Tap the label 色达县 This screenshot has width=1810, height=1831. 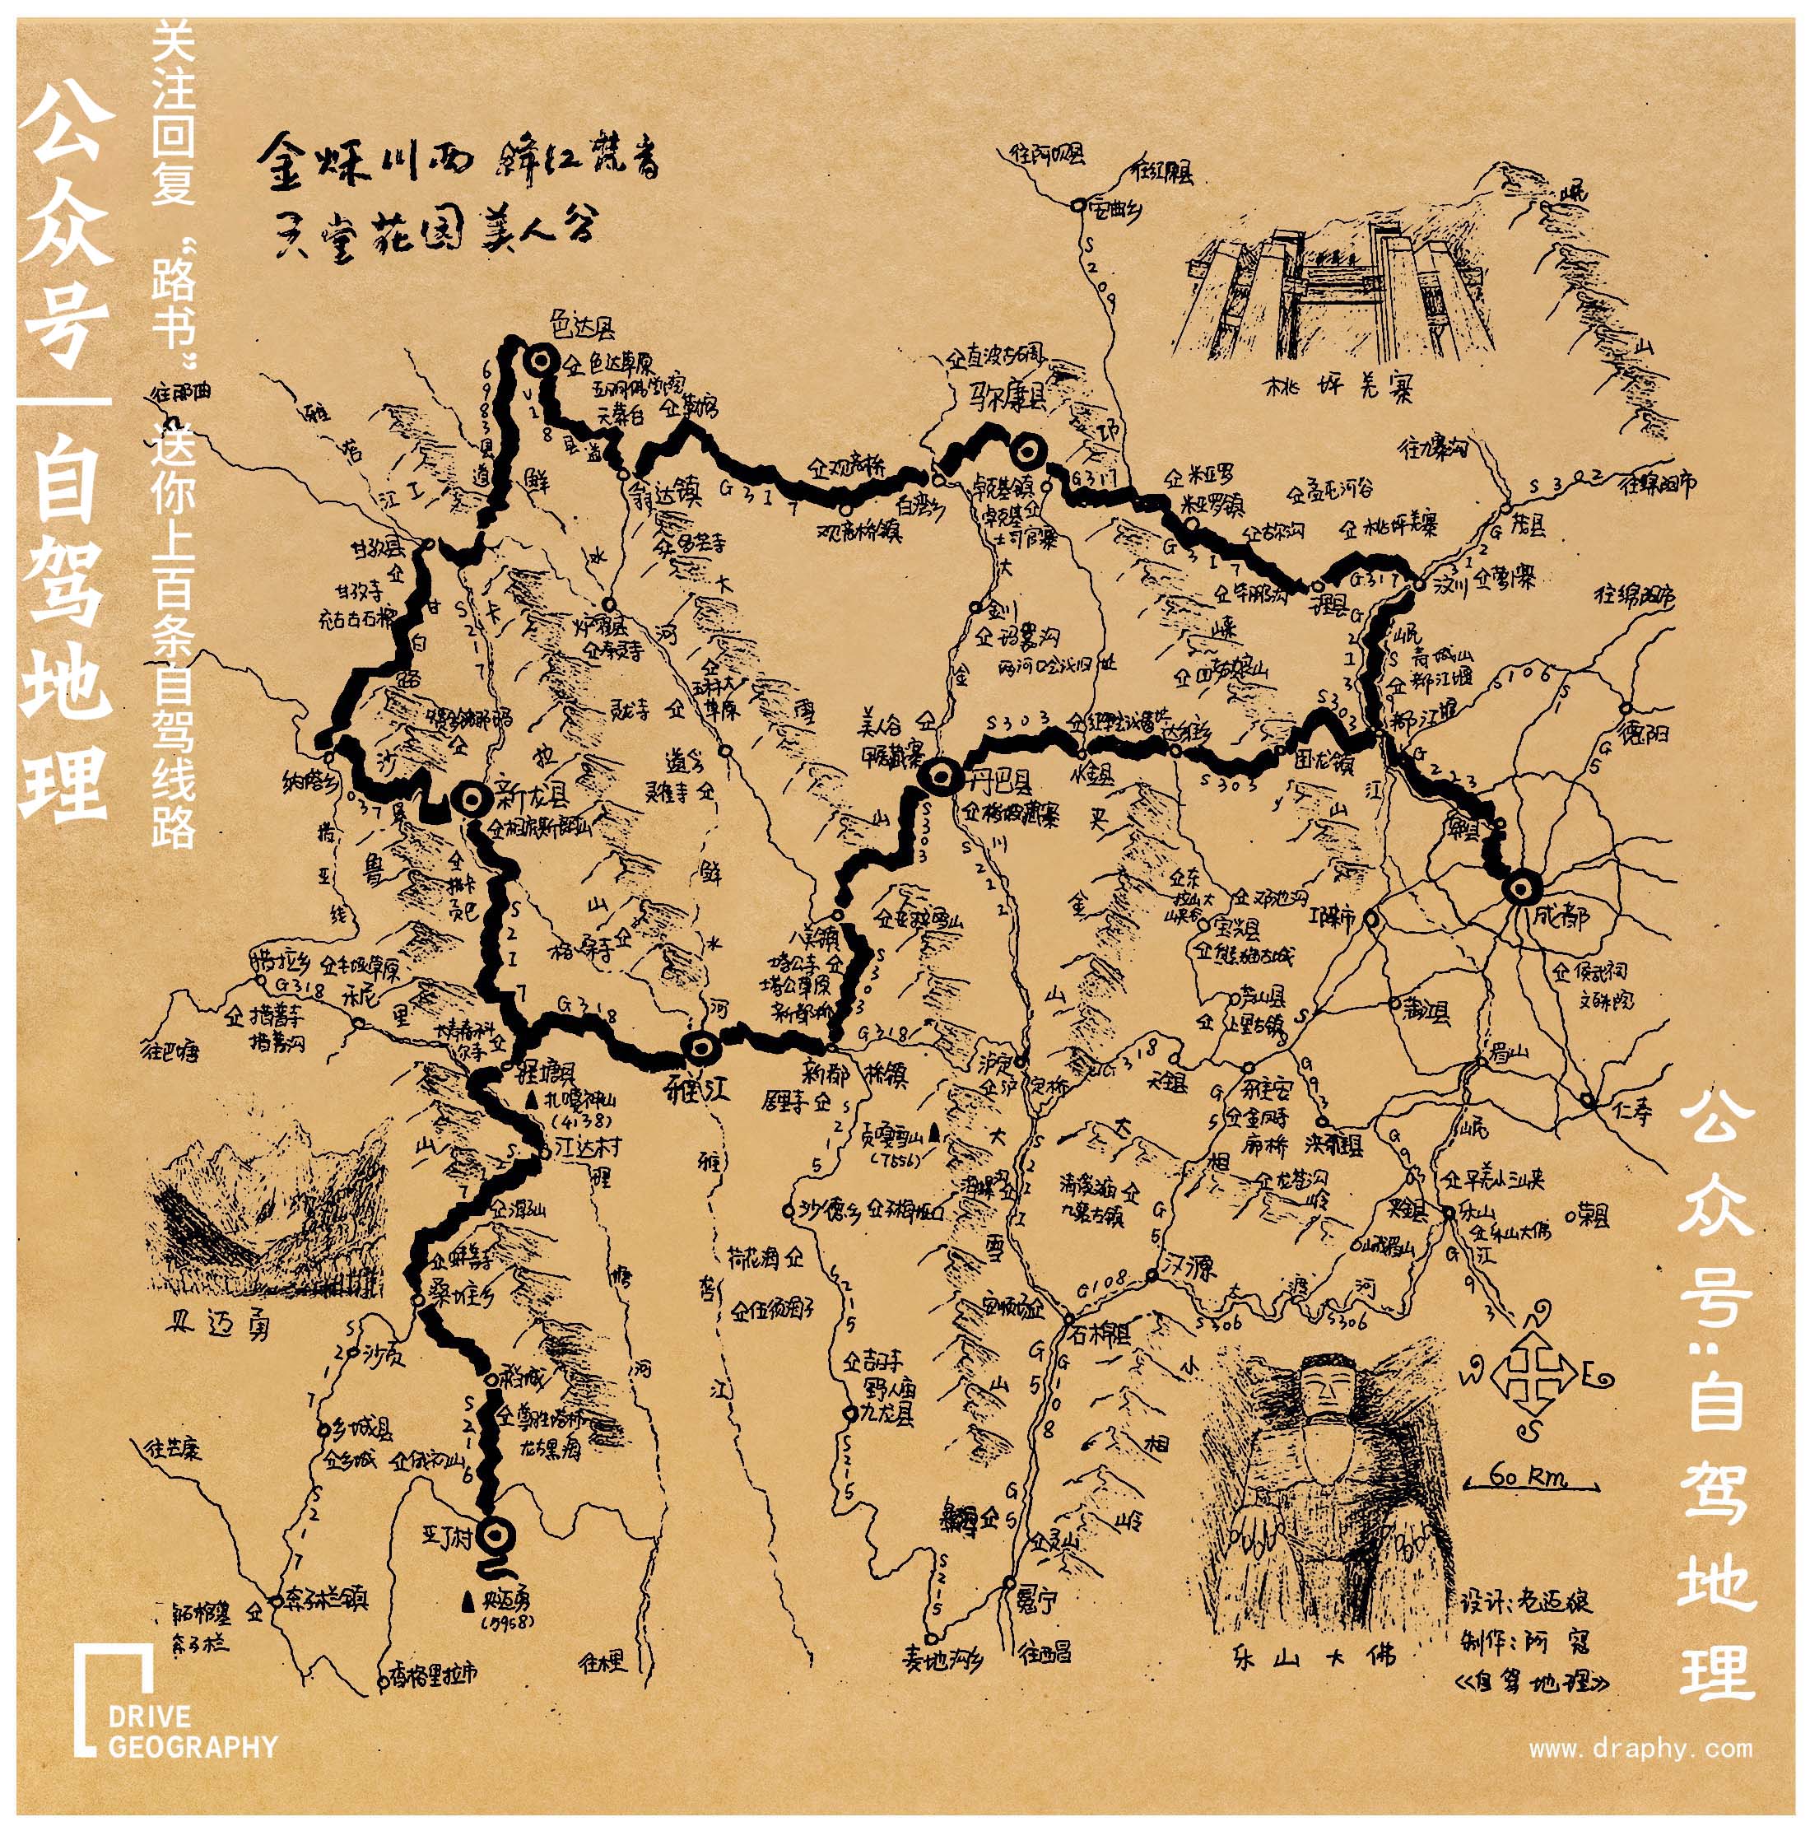coord(584,328)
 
